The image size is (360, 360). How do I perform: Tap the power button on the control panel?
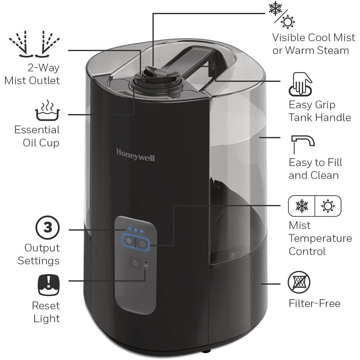[x=135, y=263]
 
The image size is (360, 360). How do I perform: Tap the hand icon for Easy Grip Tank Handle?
[x=299, y=84]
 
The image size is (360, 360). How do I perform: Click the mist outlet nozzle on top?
[x=151, y=74]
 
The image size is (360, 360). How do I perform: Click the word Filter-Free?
[x=314, y=303]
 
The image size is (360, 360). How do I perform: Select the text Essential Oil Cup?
[x=37, y=136]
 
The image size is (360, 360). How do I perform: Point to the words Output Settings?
[x=39, y=254]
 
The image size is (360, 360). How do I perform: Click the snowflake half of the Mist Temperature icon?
[x=301, y=206]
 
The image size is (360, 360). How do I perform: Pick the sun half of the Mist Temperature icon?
[x=328, y=206]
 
